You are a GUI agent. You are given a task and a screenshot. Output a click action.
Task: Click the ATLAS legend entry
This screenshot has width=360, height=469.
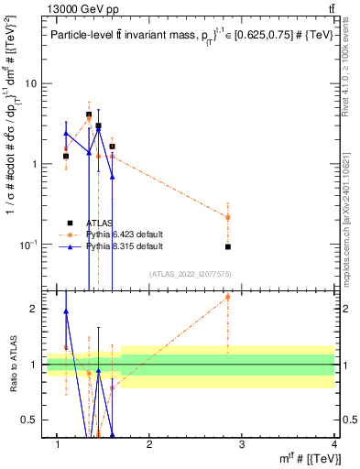[x=91, y=223]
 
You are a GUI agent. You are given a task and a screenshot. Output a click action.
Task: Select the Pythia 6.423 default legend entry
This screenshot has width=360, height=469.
[x=101, y=234]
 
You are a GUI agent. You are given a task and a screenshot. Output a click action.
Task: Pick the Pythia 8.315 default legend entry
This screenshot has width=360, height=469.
[x=101, y=246]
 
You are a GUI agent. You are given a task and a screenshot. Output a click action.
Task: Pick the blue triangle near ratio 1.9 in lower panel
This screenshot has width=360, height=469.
[x=66, y=311]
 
